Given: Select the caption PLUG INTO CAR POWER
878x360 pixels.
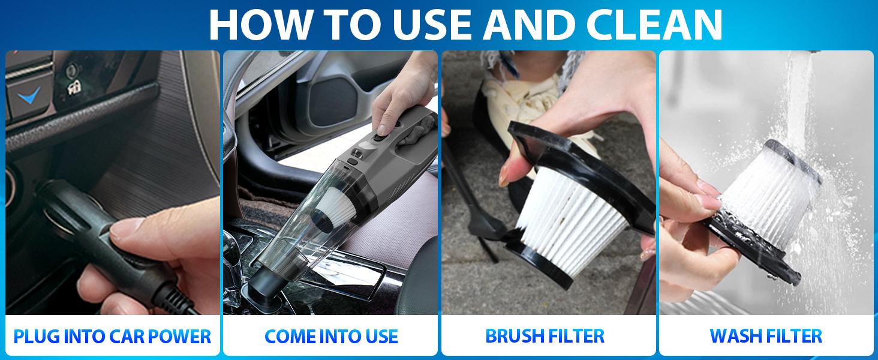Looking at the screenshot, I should coord(112,336).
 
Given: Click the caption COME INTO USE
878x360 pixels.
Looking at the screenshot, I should coord(331,336).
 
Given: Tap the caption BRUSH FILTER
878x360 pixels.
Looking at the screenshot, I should coord(545,335).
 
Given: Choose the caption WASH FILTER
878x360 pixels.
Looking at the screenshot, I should coord(766,335).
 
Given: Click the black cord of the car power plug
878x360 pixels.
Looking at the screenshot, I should coord(180,303).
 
